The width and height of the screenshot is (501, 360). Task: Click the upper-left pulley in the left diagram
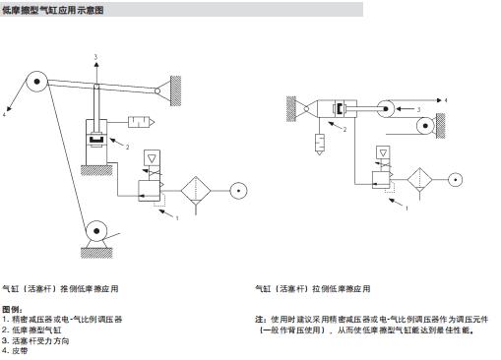coord(37,83)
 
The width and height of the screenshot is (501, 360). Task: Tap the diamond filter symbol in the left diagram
coord(198,187)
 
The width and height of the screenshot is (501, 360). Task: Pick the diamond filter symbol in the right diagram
coord(419,180)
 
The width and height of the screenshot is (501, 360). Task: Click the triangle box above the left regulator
coord(153,158)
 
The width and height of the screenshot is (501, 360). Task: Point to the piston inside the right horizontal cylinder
coord(342,109)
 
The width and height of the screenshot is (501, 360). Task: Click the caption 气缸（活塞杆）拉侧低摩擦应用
coord(312,289)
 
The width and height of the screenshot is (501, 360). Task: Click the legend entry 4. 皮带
coord(16,350)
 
